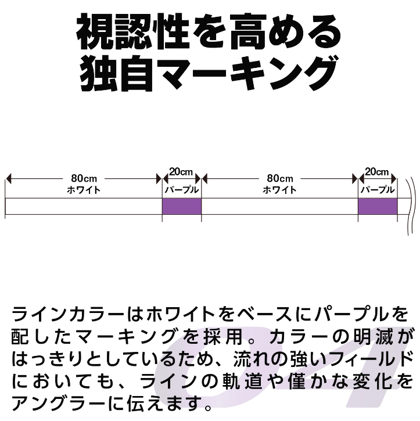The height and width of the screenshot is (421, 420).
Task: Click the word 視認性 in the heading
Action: [133, 31]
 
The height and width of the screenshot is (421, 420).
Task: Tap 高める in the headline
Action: [285, 31]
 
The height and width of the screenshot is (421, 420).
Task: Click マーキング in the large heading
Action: [247, 73]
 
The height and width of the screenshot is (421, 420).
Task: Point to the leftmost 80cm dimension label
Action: [84, 178]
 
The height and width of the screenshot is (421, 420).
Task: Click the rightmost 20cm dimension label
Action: [377, 171]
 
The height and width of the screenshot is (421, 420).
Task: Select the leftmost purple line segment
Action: [182, 207]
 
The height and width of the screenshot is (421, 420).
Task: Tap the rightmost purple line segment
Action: [378, 207]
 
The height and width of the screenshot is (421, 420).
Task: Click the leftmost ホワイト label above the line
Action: [84, 190]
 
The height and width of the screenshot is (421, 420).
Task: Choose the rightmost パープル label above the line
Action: [378, 190]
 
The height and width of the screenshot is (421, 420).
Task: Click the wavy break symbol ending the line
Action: [410, 206]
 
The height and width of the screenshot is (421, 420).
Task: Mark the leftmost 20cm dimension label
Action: [181, 171]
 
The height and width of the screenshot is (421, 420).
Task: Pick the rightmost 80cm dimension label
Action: [280, 178]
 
